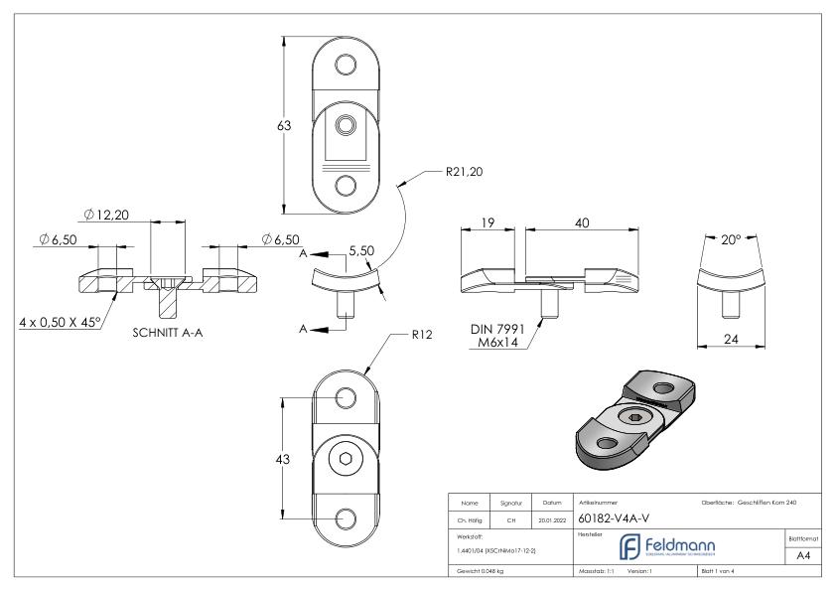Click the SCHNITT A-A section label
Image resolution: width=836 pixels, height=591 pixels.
(x=170, y=333)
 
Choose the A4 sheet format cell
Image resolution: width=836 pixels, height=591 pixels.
(x=802, y=557)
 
